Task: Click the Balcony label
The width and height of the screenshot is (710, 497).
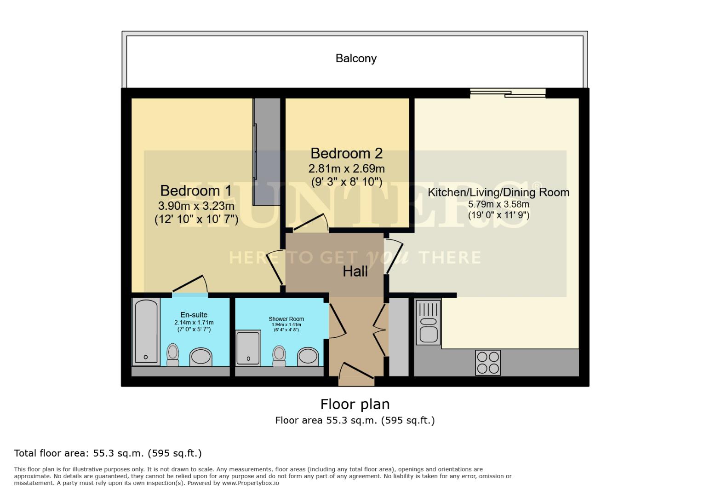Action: click(356, 58)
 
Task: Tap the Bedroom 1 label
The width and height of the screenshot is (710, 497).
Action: click(195, 191)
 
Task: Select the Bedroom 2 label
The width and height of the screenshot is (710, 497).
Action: click(346, 153)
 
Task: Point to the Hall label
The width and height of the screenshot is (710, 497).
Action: click(355, 272)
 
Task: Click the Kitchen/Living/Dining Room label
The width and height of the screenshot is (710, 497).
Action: click(498, 192)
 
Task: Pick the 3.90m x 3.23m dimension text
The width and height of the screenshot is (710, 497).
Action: click(196, 206)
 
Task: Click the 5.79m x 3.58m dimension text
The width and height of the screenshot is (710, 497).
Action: click(498, 204)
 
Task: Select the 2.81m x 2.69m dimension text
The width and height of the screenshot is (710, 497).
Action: click(346, 168)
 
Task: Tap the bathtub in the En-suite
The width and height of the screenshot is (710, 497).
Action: click(146, 331)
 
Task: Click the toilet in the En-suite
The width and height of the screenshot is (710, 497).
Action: click(173, 354)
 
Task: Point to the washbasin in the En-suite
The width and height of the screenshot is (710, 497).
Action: click(201, 357)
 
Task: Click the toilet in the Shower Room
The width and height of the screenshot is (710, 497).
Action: click(279, 356)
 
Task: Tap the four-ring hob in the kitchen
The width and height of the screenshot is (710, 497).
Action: click(487, 363)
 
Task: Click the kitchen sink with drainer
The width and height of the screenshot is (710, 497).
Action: click(428, 322)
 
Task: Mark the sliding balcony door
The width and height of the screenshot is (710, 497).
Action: click(507, 93)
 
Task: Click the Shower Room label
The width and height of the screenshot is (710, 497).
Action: click(286, 319)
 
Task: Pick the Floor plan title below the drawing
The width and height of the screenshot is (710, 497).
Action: click(355, 404)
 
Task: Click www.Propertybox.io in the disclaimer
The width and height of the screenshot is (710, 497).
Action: click(251, 483)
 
